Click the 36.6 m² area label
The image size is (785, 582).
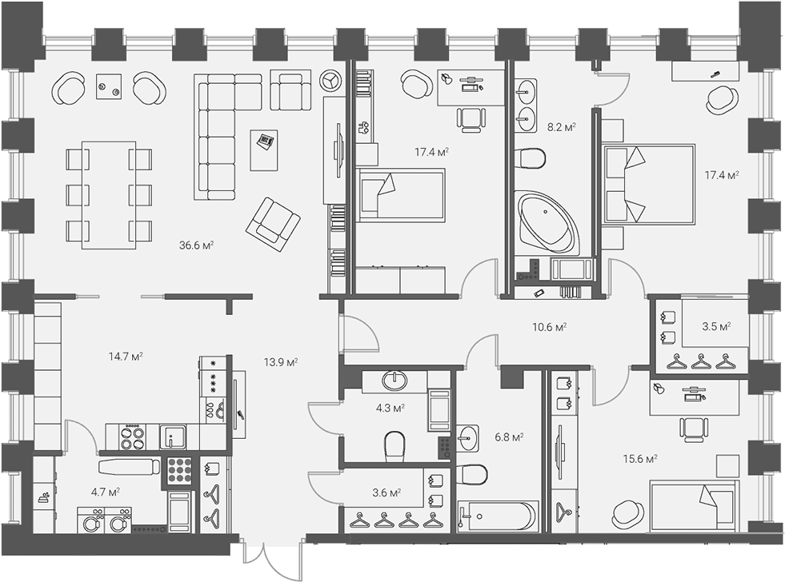(x=197, y=245)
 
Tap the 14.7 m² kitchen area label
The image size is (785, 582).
(x=126, y=357)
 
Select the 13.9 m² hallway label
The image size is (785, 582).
(x=281, y=362)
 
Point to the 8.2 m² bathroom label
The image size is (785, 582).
(x=561, y=127)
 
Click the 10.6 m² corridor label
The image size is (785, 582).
(x=549, y=327)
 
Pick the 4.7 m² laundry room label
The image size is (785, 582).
(x=105, y=492)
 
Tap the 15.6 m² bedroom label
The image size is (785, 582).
(x=640, y=459)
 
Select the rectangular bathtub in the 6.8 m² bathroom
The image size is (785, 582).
(x=499, y=516)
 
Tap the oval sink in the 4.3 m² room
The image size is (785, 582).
(x=395, y=381)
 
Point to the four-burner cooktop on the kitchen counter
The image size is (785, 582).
(x=132, y=437)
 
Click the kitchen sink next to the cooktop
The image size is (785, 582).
(x=173, y=437)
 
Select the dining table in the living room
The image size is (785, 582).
(x=109, y=195)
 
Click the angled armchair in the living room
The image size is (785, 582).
(x=273, y=225)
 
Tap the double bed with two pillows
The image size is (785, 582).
(x=649, y=184)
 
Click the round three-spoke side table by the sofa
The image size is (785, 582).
(x=330, y=80)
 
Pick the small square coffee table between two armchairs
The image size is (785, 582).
(x=109, y=86)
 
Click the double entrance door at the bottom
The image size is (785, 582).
(x=266, y=559)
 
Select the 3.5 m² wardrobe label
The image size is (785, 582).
(x=716, y=327)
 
